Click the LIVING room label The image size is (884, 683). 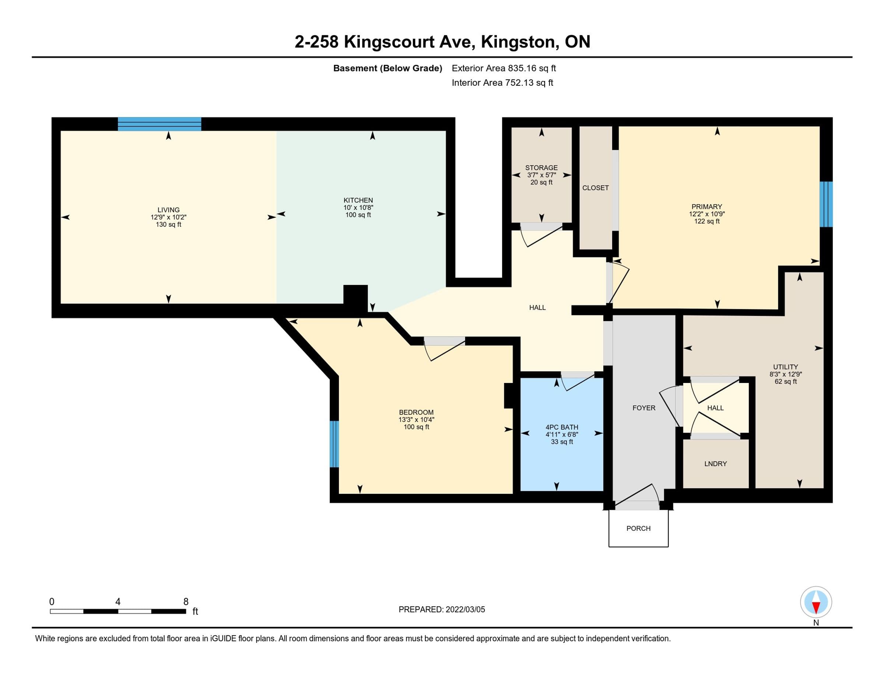(168, 210)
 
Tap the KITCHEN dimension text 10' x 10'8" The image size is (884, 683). (358, 208)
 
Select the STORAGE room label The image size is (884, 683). (541, 168)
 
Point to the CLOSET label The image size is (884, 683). (595, 188)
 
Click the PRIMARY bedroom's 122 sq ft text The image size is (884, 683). (707, 221)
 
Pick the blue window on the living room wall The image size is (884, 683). (159, 124)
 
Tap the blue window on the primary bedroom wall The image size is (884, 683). (826, 204)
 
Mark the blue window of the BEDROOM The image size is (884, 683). (334, 444)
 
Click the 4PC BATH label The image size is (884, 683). (562, 427)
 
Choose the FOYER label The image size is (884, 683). (643, 408)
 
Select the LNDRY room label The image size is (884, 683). (715, 464)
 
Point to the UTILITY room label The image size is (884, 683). (785, 367)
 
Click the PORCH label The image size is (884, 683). (638, 528)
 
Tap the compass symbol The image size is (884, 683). (816, 602)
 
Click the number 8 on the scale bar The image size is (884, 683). (186, 602)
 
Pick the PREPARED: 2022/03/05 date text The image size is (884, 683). (442, 609)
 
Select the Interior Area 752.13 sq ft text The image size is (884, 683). (502, 83)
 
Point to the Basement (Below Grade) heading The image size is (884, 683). (387, 68)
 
